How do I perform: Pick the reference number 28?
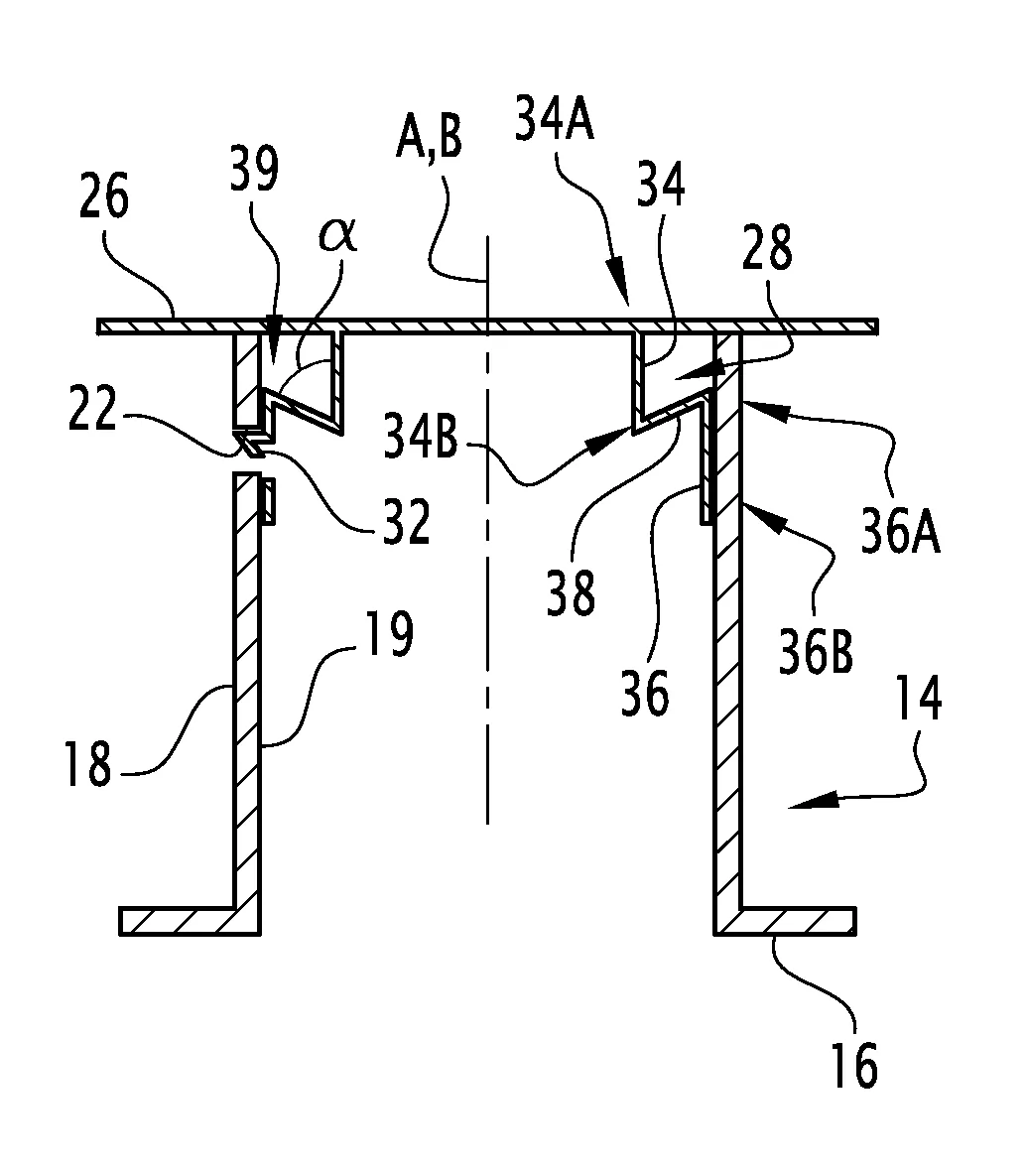point(767,252)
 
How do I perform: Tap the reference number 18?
point(87,764)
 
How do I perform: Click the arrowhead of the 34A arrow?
point(621,293)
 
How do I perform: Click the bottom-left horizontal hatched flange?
point(179,920)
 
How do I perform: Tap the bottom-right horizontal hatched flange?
point(794,920)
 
